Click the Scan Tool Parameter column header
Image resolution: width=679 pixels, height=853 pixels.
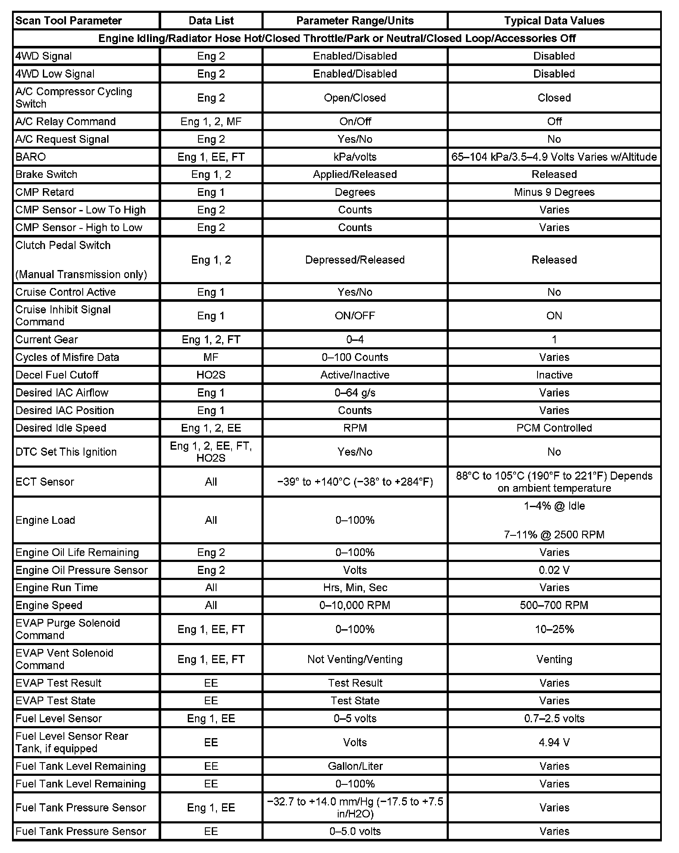tap(69, 21)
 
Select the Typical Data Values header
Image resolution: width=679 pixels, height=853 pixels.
tap(554, 21)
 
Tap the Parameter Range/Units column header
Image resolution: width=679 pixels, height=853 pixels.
tap(355, 21)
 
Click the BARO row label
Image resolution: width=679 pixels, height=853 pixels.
tap(30, 157)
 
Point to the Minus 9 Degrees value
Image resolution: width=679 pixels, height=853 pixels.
tap(554, 192)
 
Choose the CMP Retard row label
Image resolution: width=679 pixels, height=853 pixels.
tap(45, 192)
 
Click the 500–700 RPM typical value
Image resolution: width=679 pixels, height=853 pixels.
tap(554, 605)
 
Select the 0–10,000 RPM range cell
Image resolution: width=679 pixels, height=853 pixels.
tap(355, 605)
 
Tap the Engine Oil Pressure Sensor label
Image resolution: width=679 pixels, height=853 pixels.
tap(81, 570)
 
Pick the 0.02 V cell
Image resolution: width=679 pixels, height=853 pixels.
tap(554, 570)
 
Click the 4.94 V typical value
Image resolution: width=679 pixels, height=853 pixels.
tap(554, 742)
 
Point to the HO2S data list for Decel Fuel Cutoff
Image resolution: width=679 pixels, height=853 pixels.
tap(211, 375)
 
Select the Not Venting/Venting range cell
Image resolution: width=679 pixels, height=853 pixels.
tap(355, 659)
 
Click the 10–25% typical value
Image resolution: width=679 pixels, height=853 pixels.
tap(554, 629)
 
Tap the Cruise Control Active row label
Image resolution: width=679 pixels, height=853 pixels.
tap(66, 292)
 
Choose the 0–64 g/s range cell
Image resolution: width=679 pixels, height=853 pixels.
tap(355, 393)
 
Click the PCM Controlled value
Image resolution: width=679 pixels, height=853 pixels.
tap(554, 428)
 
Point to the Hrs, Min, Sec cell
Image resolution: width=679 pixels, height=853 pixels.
tap(355, 588)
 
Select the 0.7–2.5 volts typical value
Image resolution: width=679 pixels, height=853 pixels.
tap(554, 718)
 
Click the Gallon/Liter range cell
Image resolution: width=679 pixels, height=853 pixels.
tap(355, 766)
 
